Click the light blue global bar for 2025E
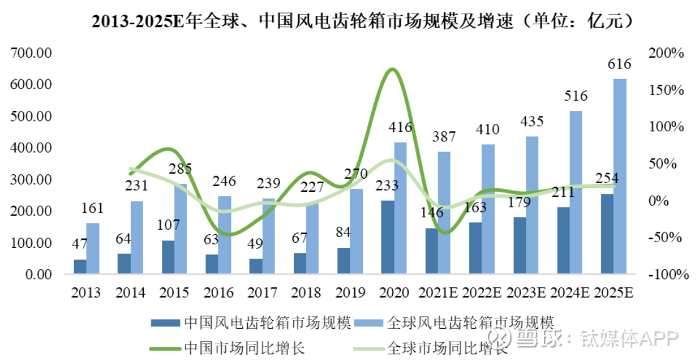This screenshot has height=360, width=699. [x=620, y=176]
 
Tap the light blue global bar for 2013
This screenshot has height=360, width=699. [x=93, y=249]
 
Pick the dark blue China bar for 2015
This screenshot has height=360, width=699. [x=168, y=257]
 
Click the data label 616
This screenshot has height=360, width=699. [x=620, y=64]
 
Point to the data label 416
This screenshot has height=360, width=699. [x=400, y=128]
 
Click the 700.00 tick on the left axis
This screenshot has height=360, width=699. [x=30, y=53]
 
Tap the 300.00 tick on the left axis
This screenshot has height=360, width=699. [x=30, y=179]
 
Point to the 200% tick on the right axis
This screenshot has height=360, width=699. [x=665, y=54]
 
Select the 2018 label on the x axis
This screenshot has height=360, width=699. [x=306, y=293]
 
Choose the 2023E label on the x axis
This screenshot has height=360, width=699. [x=527, y=293]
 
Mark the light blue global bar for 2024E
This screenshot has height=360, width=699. [x=576, y=192]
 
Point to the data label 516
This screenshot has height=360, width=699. [x=576, y=96]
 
